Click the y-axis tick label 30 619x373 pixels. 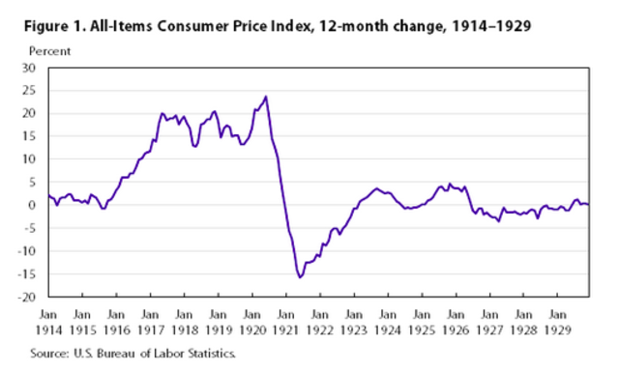pos(28,68)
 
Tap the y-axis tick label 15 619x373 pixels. pos(28,136)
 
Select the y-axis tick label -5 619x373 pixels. pos(28,228)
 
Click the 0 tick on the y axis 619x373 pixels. pos(31,205)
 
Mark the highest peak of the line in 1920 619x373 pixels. pos(266,97)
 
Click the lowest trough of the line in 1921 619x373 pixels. pos(300,277)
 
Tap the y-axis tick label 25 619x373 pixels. pos(28,91)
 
